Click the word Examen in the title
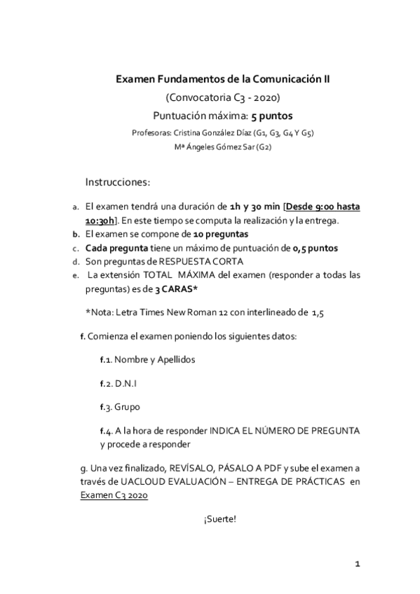[x=134, y=81]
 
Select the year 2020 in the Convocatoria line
[x=269, y=97]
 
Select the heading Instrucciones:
[x=118, y=182]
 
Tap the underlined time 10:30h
[x=102, y=221]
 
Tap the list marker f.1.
[x=106, y=359]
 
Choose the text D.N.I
[x=126, y=384]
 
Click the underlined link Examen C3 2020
[x=114, y=495]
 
